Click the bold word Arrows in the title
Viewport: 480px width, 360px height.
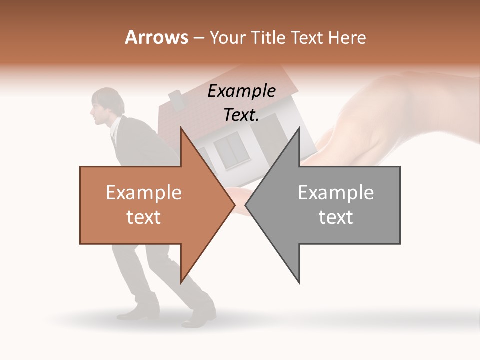[157, 37]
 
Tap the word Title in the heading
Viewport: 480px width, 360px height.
[269, 37]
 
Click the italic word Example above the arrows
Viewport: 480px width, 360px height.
[241, 91]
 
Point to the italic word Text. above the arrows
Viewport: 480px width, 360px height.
[241, 115]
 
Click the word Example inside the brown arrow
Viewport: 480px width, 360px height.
[143, 192]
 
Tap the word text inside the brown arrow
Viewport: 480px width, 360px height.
[143, 217]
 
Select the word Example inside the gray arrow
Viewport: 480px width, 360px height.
[336, 192]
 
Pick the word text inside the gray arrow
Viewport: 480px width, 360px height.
[336, 217]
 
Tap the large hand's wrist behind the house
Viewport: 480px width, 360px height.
[400, 100]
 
